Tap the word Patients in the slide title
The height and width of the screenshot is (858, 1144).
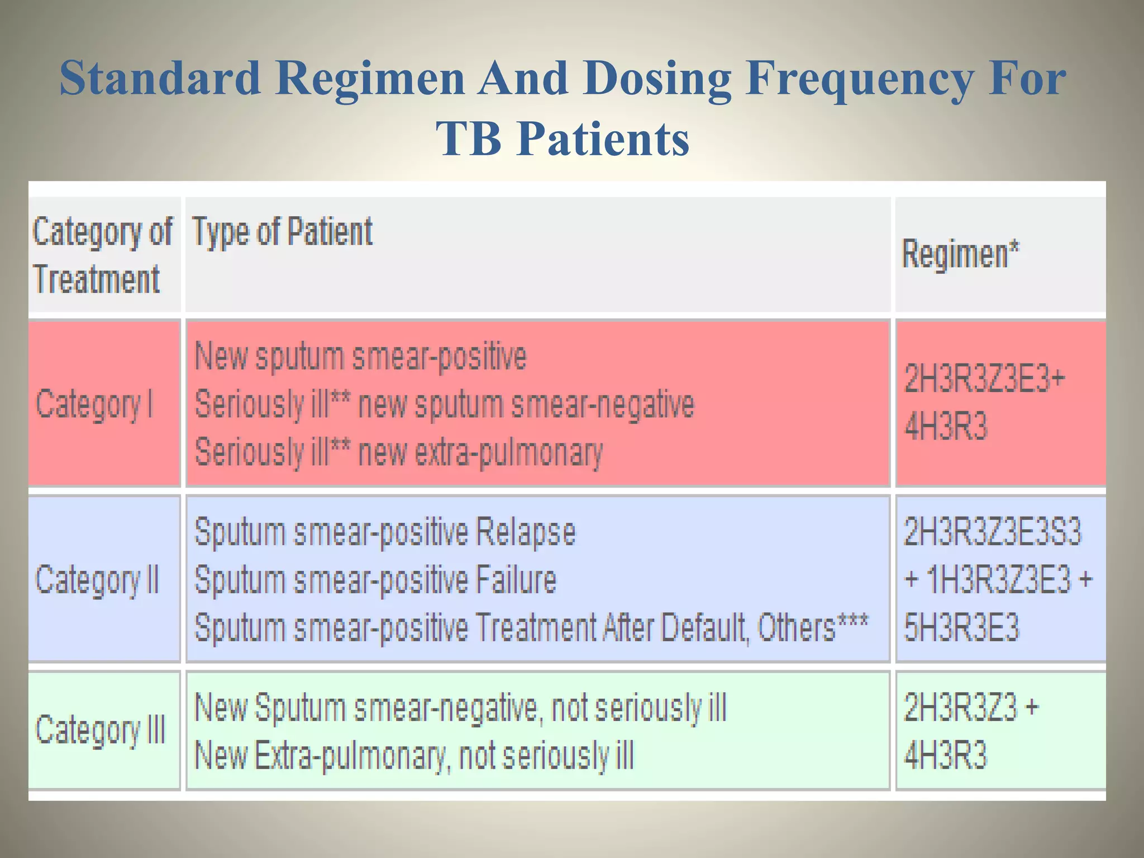coord(603,139)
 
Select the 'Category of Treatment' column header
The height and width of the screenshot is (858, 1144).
coord(103,255)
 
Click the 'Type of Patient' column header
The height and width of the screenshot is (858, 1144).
coord(282,232)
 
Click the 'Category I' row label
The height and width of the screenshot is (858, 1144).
coord(94,404)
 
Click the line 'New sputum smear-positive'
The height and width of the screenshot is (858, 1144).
coord(360,356)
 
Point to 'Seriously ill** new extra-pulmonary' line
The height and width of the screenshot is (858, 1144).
coord(399,452)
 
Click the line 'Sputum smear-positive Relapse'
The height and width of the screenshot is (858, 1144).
coord(384,532)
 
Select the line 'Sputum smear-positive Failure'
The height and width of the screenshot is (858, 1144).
coord(375,580)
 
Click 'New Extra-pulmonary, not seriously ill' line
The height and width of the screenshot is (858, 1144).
coord(414,755)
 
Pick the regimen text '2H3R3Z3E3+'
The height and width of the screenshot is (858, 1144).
coord(985,379)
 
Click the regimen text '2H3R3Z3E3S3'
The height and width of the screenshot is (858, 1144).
coord(993,531)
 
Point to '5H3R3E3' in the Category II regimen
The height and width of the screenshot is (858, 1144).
coord(961,627)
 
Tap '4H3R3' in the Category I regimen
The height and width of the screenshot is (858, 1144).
coord(946,426)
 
